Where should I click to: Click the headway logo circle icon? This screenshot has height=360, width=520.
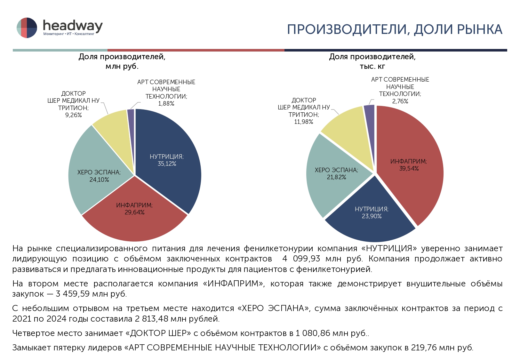[27, 28]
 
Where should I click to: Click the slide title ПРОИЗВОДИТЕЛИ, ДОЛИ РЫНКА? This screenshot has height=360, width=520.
[394, 29]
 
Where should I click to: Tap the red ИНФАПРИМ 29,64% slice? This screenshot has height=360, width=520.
[134, 218]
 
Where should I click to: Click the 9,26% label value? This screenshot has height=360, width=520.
[74, 115]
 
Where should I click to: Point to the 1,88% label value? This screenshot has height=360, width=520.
[166, 104]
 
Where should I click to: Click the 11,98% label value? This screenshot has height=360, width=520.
[304, 122]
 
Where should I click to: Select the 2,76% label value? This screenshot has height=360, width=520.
[400, 101]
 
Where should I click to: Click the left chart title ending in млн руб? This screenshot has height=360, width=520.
[122, 61]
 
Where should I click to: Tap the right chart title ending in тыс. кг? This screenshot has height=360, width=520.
[372, 61]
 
